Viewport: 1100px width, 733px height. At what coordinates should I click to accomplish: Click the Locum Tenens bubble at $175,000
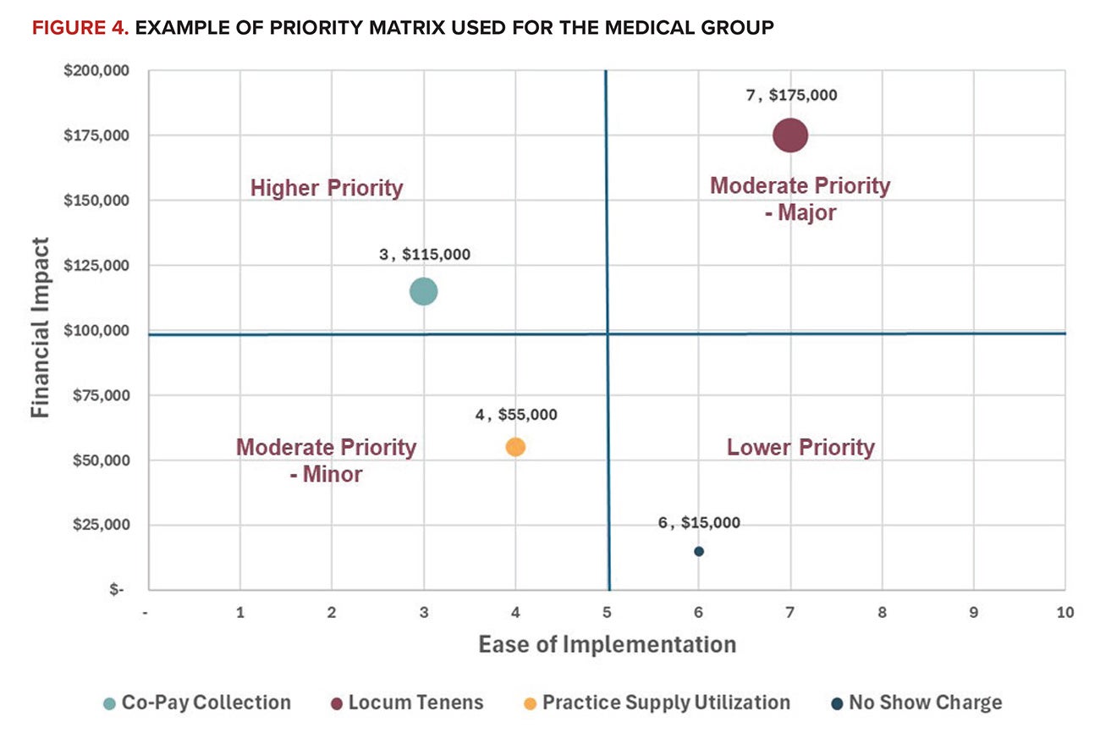(790, 135)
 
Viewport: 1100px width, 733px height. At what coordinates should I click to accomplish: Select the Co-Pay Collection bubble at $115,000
(423, 291)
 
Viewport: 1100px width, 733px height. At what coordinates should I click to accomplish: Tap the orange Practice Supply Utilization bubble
(515, 447)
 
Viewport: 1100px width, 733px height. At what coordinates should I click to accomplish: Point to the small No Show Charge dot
(699, 551)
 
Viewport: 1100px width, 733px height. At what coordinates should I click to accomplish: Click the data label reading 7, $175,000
(791, 96)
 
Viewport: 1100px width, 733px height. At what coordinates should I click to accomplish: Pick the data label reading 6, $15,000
(699, 523)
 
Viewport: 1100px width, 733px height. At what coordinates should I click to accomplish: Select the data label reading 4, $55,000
(516, 415)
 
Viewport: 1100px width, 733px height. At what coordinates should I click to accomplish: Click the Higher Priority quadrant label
(327, 188)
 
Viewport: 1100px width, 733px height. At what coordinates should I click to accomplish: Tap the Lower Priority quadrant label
(800, 447)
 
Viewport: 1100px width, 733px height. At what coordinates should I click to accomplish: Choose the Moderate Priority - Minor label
(326, 460)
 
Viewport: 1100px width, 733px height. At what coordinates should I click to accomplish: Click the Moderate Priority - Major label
(800, 198)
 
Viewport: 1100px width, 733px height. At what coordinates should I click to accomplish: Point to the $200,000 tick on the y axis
(96, 70)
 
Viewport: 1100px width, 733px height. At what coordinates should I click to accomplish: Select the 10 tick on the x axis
(1064, 612)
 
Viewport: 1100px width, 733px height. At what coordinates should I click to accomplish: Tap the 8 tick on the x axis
(882, 612)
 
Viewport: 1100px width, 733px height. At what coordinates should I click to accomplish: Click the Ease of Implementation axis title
(607, 644)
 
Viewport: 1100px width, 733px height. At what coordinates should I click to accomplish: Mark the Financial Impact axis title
(40, 328)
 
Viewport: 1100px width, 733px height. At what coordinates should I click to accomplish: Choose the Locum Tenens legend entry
(405, 703)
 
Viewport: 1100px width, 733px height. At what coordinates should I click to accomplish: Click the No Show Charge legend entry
(916, 703)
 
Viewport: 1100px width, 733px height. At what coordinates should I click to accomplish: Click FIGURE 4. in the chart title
(79, 28)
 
